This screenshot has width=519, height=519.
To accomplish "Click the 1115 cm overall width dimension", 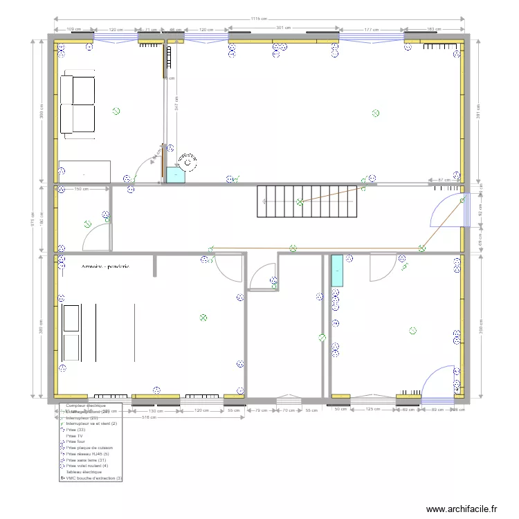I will (x=259, y=19).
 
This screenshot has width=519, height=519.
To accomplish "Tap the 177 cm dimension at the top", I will (x=372, y=29).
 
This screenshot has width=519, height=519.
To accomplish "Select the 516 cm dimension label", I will (x=147, y=418).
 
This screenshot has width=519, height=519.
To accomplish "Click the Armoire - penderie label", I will (x=105, y=266).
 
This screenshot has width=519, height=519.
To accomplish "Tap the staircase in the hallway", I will (x=308, y=201).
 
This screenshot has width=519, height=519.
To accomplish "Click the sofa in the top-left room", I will (x=77, y=104).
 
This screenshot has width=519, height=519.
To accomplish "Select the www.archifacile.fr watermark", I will (x=462, y=509).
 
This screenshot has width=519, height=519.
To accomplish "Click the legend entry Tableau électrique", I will (x=85, y=471).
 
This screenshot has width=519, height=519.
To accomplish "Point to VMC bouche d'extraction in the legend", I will (x=93, y=477).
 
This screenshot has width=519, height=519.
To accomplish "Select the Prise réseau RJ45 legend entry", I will (x=88, y=454).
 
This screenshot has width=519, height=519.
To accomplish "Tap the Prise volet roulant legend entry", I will (x=86, y=466).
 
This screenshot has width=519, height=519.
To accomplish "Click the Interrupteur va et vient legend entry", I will (x=91, y=424).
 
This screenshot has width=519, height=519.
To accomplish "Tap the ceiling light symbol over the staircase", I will (x=300, y=202).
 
